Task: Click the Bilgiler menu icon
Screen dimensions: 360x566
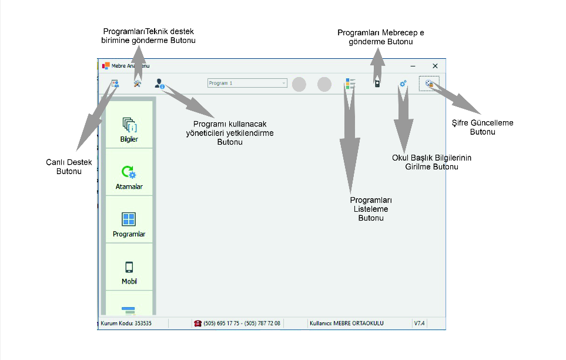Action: pyautogui.click(x=129, y=124)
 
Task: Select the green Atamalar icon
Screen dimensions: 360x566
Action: pyautogui.click(x=129, y=172)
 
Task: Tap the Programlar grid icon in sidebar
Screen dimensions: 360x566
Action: pyautogui.click(x=129, y=219)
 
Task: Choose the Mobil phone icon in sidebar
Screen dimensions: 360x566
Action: pyautogui.click(x=129, y=266)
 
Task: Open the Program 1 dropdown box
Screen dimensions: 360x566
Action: pyautogui.click(x=247, y=84)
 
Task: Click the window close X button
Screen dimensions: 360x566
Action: pyautogui.click(x=435, y=66)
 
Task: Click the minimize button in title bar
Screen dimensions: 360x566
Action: pyautogui.click(x=413, y=66)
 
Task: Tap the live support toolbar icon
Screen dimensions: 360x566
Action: pyautogui.click(x=115, y=84)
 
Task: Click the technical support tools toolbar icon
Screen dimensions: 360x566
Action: pyautogui.click(x=138, y=84)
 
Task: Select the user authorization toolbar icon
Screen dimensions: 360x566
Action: pyautogui.click(x=159, y=84)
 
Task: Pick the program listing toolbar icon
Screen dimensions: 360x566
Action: pyautogui.click(x=351, y=84)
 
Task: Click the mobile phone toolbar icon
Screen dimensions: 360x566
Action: pyautogui.click(x=377, y=84)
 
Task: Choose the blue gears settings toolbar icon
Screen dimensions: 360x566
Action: pyautogui.click(x=403, y=84)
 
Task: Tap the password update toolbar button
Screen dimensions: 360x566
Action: pyautogui.click(x=430, y=84)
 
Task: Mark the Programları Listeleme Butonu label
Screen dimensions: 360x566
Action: pyautogui.click(x=371, y=209)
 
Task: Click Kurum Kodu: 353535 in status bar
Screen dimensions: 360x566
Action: pyautogui.click(x=126, y=323)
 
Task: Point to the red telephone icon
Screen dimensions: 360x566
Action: pyautogui.click(x=197, y=323)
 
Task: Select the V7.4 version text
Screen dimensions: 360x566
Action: pyautogui.click(x=419, y=323)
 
